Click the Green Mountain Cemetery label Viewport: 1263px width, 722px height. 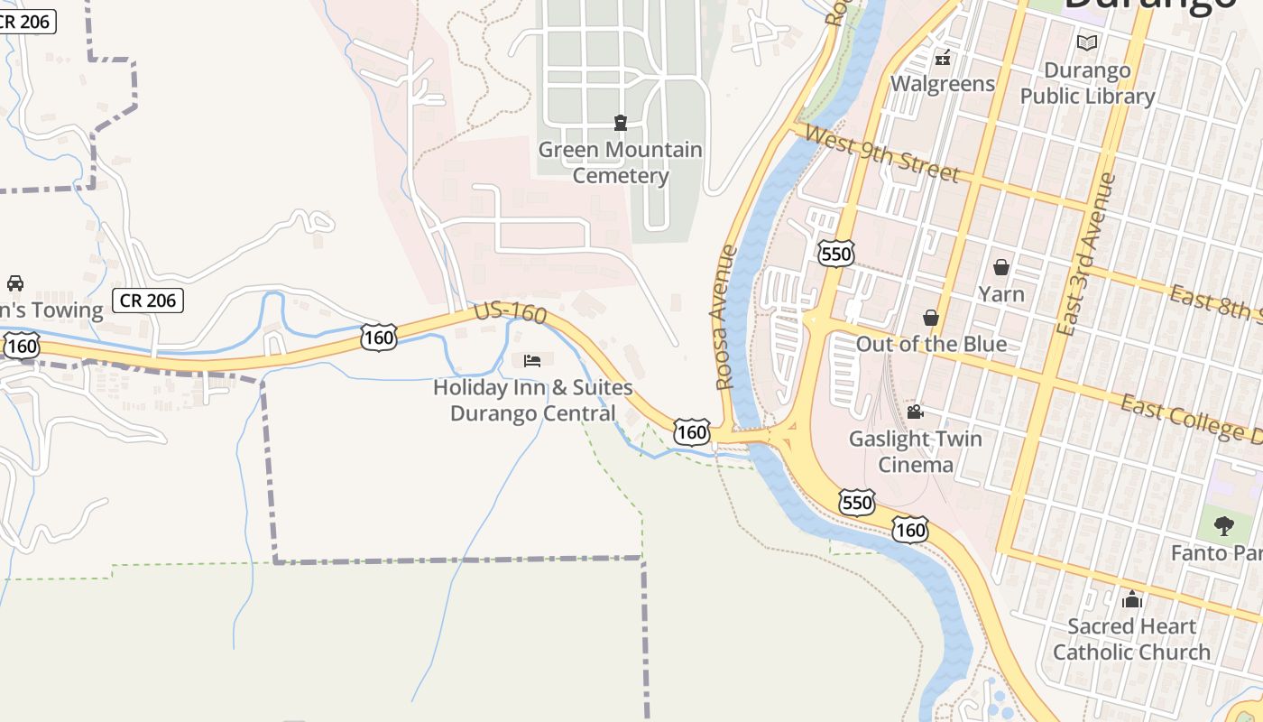tap(621, 162)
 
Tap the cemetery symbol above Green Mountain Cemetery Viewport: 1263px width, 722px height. tap(621, 122)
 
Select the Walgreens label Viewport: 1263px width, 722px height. tap(943, 84)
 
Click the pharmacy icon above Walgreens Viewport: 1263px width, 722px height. tap(943, 59)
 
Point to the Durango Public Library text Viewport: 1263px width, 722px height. tap(1087, 83)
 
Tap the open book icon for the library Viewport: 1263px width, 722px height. tap(1087, 42)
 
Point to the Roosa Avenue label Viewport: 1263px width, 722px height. tap(725, 317)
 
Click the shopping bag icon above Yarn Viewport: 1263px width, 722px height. tap(1001, 267)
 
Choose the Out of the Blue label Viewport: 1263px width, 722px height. tap(931, 344)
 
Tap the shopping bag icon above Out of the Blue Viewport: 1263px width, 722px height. tap(931, 318)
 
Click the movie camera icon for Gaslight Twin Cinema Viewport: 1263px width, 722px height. tap(915, 412)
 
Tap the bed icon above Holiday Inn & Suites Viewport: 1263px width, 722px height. tap(532, 361)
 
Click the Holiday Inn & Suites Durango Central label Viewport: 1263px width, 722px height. tap(532, 400)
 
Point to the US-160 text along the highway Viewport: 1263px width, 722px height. tap(511, 313)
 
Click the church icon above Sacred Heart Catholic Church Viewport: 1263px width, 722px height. tap(1132, 599)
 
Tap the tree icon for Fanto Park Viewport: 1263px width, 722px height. tap(1223, 525)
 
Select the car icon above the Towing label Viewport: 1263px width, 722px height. tap(15, 283)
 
